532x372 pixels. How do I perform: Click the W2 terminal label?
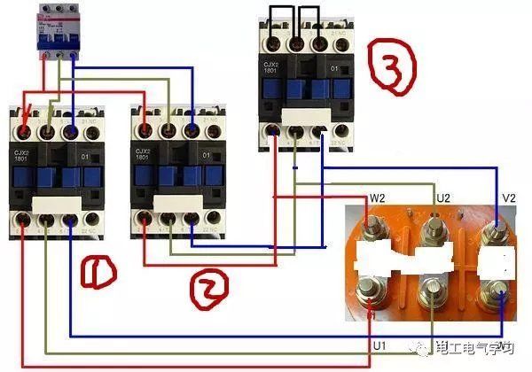click(x=377, y=197)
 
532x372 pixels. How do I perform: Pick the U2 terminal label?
click(x=443, y=196)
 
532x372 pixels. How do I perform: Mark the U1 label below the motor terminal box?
click(x=379, y=344)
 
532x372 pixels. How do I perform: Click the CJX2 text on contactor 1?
click(x=19, y=153)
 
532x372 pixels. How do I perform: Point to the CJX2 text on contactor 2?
click(x=141, y=153)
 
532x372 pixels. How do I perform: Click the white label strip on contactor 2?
click(x=177, y=203)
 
